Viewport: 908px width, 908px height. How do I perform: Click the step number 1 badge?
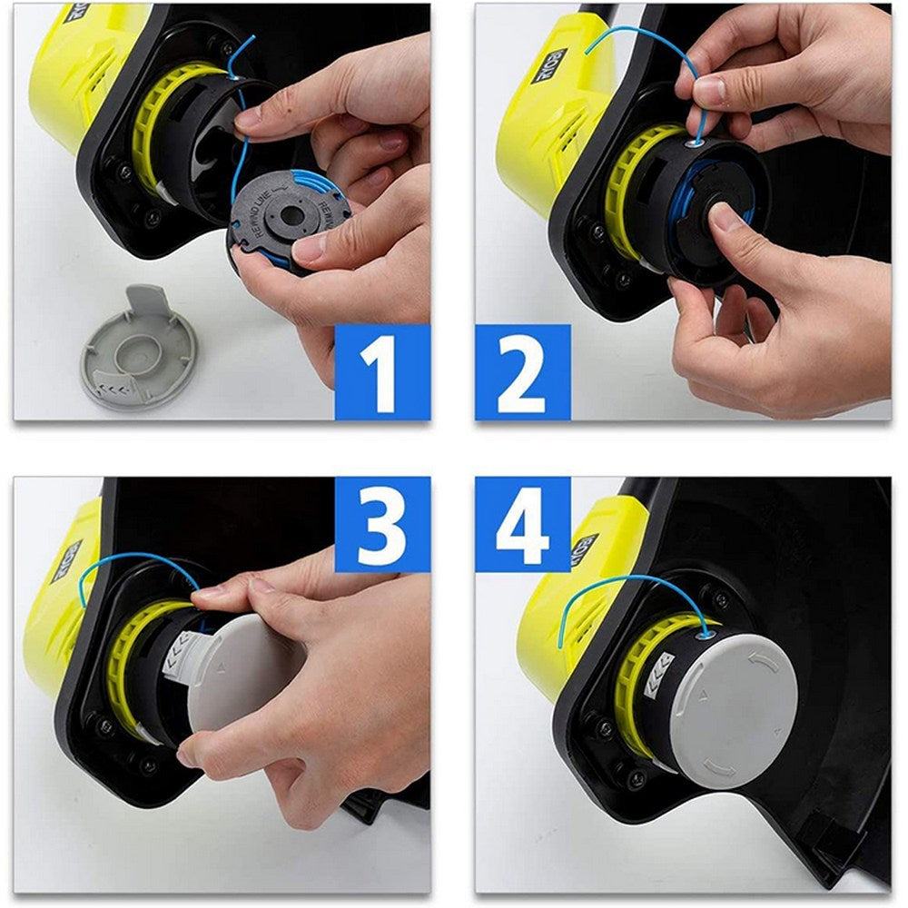pos(382,371)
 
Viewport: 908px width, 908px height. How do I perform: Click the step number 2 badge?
pos(523,371)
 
